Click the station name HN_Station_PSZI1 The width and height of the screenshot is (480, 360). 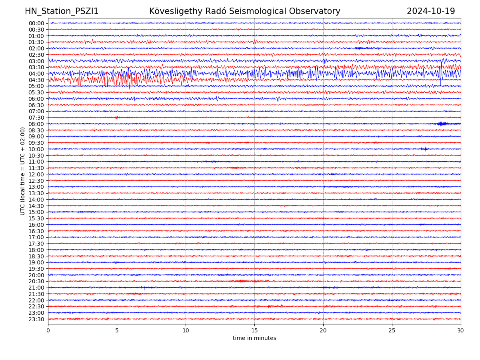click(x=62, y=11)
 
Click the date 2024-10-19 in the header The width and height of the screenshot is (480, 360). click(x=431, y=11)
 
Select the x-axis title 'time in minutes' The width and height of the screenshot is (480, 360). click(x=254, y=338)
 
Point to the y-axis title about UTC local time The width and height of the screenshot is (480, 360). click(x=23, y=171)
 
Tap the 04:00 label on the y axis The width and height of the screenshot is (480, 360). click(x=36, y=74)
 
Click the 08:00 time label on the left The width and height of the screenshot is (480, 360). click(x=36, y=124)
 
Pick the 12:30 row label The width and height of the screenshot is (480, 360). click(x=36, y=181)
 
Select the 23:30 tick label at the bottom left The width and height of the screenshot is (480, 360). click(x=36, y=319)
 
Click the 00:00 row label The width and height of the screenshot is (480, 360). click(x=36, y=23)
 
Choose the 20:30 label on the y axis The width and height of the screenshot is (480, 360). click(x=36, y=281)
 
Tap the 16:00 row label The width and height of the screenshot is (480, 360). click(x=36, y=225)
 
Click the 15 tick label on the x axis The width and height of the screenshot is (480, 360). click(x=254, y=330)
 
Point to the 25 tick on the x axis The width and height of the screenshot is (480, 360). click(x=392, y=330)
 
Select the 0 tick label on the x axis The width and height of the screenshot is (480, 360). click(x=48, y=330)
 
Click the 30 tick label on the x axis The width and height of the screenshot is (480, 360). click(x=461, y=330)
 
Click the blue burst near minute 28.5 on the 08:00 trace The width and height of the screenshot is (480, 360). click(x=441, y=124)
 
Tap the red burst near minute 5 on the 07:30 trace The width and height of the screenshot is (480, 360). click(x=116, y=118)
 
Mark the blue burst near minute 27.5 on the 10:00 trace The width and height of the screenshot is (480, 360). click(x=424, y=149)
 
